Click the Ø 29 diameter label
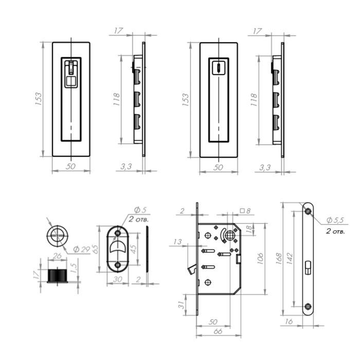pyautogui.click(x=82, y=249)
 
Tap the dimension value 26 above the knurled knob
pyautogui.click(x=57, y=256)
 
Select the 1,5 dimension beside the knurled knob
pyautogui.click(x=74, y=268)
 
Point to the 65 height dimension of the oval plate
pyautogui.click(x=95, y=249)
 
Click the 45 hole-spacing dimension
pyautogui.click(x=133, y=248)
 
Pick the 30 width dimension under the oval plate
pyautogui.click(x=118, y=279)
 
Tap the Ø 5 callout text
pyautogui.click(x=140, y=210)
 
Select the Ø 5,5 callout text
pyautogui.click(x=335, y=220)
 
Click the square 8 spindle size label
pyautogui.click(x=245, y=210)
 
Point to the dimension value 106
pyautogui.click(x=260, y=259)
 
